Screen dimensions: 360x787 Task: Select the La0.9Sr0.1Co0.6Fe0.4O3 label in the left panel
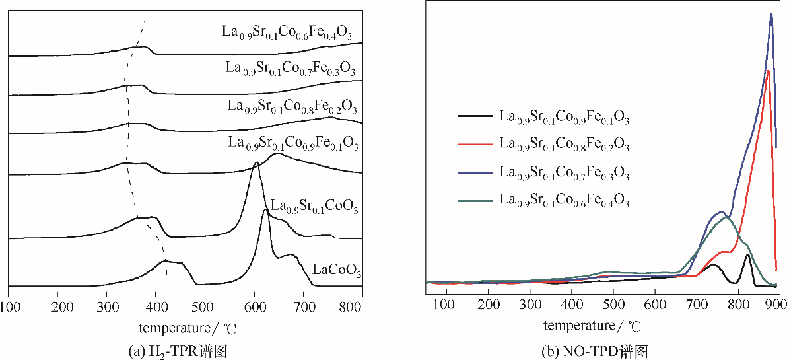291,32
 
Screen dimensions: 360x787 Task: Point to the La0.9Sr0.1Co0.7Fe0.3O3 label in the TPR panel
291,69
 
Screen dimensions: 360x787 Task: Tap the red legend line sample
475,143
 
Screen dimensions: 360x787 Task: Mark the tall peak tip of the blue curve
771,15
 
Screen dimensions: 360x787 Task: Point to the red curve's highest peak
768,71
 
